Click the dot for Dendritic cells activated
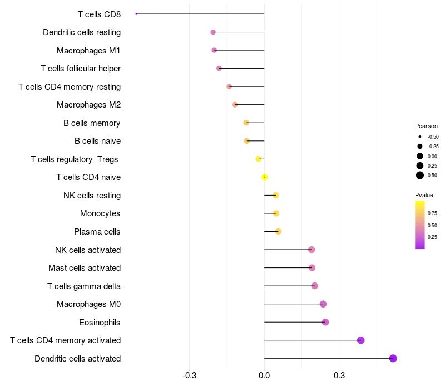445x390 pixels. [393, 358]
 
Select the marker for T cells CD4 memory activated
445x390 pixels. [360, 340]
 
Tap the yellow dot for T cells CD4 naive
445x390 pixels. [265, 177]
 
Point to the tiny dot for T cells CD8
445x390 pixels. [136, 14]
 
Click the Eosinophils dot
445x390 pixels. [325, 322]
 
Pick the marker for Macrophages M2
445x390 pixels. [235, 105]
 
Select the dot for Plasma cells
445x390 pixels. [278, 231]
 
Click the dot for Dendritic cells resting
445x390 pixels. [213, 32]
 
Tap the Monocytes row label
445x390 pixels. [100, 213]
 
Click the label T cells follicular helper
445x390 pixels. [81, 69]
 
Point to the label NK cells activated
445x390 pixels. [88, 250]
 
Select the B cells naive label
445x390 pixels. [98, 141]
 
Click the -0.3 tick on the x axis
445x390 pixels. [189, 376]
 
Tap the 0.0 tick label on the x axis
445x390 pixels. [264, 376]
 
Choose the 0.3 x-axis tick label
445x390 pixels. [339, 376]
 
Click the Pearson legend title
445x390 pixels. [426, 126]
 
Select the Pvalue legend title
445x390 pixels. [424, 195]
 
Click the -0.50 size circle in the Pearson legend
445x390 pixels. [420, 136]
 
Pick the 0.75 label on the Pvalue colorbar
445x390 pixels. [432, 213]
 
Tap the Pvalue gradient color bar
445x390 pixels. [420, 225]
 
